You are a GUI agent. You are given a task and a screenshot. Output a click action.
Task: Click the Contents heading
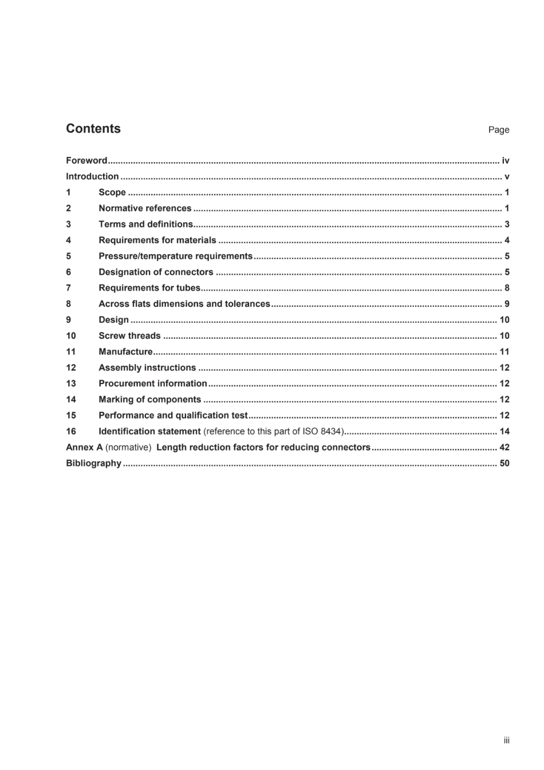tap(93, 129)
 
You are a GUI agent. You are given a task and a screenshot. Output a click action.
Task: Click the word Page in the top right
tap(498, 130)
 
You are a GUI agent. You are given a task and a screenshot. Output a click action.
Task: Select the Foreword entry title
tap(86, 161)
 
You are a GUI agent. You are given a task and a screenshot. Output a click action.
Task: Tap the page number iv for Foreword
tap(505, 161)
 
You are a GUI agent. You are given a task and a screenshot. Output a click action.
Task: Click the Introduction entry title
tap(92, 177)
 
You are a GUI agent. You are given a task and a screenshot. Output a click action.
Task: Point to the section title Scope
tap(112, 193)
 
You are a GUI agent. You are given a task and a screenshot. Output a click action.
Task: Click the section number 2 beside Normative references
tap(69, 208)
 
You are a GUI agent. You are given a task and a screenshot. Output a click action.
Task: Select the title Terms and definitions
tap(145, 224)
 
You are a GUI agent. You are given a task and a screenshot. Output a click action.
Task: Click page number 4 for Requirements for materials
tap(507, 240)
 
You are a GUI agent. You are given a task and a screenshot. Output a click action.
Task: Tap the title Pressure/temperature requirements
tap(175, 256)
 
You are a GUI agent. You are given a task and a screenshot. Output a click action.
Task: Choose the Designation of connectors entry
tap(156, 273)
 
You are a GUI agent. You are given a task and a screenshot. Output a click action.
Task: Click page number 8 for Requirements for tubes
tap(507, 288)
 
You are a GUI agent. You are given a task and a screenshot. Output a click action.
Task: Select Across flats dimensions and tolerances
tap(184, 304)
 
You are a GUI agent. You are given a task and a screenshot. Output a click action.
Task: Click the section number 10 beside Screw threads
tap(71, 336)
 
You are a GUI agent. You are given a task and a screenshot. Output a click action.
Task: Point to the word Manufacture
tap(125, 352)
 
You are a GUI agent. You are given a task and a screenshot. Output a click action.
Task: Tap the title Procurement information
tap(152, 384)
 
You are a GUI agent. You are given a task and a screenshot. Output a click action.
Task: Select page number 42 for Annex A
tap(504, 448)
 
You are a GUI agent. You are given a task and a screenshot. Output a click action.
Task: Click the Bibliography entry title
tap(93, 464)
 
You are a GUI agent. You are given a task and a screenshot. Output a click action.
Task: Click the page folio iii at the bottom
tap(506, 741)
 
